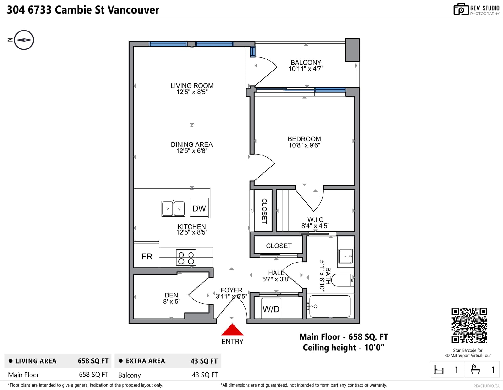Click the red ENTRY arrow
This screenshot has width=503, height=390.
[232, 330]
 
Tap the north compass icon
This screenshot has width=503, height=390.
[24, 40]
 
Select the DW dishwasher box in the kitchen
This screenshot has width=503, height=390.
[199, 208]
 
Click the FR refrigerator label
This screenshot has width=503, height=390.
[147, 257]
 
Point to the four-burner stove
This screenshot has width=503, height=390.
[186, 257]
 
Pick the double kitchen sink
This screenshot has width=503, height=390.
[173, 209]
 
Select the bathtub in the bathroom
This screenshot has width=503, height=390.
[330, 306]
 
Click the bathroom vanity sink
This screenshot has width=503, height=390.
[345, 256]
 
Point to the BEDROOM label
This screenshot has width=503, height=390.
[304, 139]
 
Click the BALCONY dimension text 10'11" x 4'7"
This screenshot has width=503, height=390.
[306, 69]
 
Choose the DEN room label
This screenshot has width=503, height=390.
[171, 295]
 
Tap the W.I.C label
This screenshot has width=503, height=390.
[315, 219]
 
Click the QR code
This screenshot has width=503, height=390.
[469, 325]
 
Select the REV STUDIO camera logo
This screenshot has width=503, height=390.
[461, 9]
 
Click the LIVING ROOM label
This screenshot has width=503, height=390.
[192, 86]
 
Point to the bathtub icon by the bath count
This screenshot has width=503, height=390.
[475, 369]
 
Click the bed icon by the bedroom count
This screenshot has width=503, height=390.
[439, 369]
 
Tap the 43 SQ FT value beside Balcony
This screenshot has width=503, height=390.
[205, 375]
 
